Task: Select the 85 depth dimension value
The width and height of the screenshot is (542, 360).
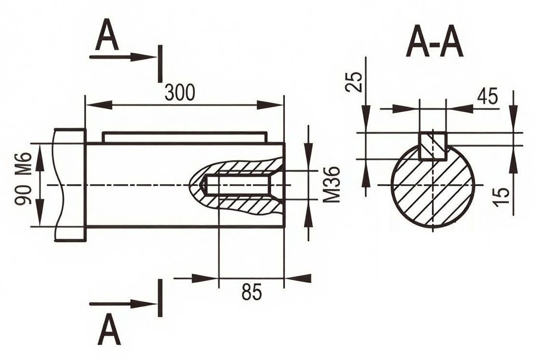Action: [x=252, y=292]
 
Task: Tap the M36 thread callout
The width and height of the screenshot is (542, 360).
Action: [x=332, y=184]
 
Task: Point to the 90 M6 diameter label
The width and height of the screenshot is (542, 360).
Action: [x=24, y=179]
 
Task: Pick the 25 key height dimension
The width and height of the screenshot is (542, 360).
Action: [x=354, y=81]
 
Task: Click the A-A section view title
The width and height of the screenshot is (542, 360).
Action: [x=435, y=45]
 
